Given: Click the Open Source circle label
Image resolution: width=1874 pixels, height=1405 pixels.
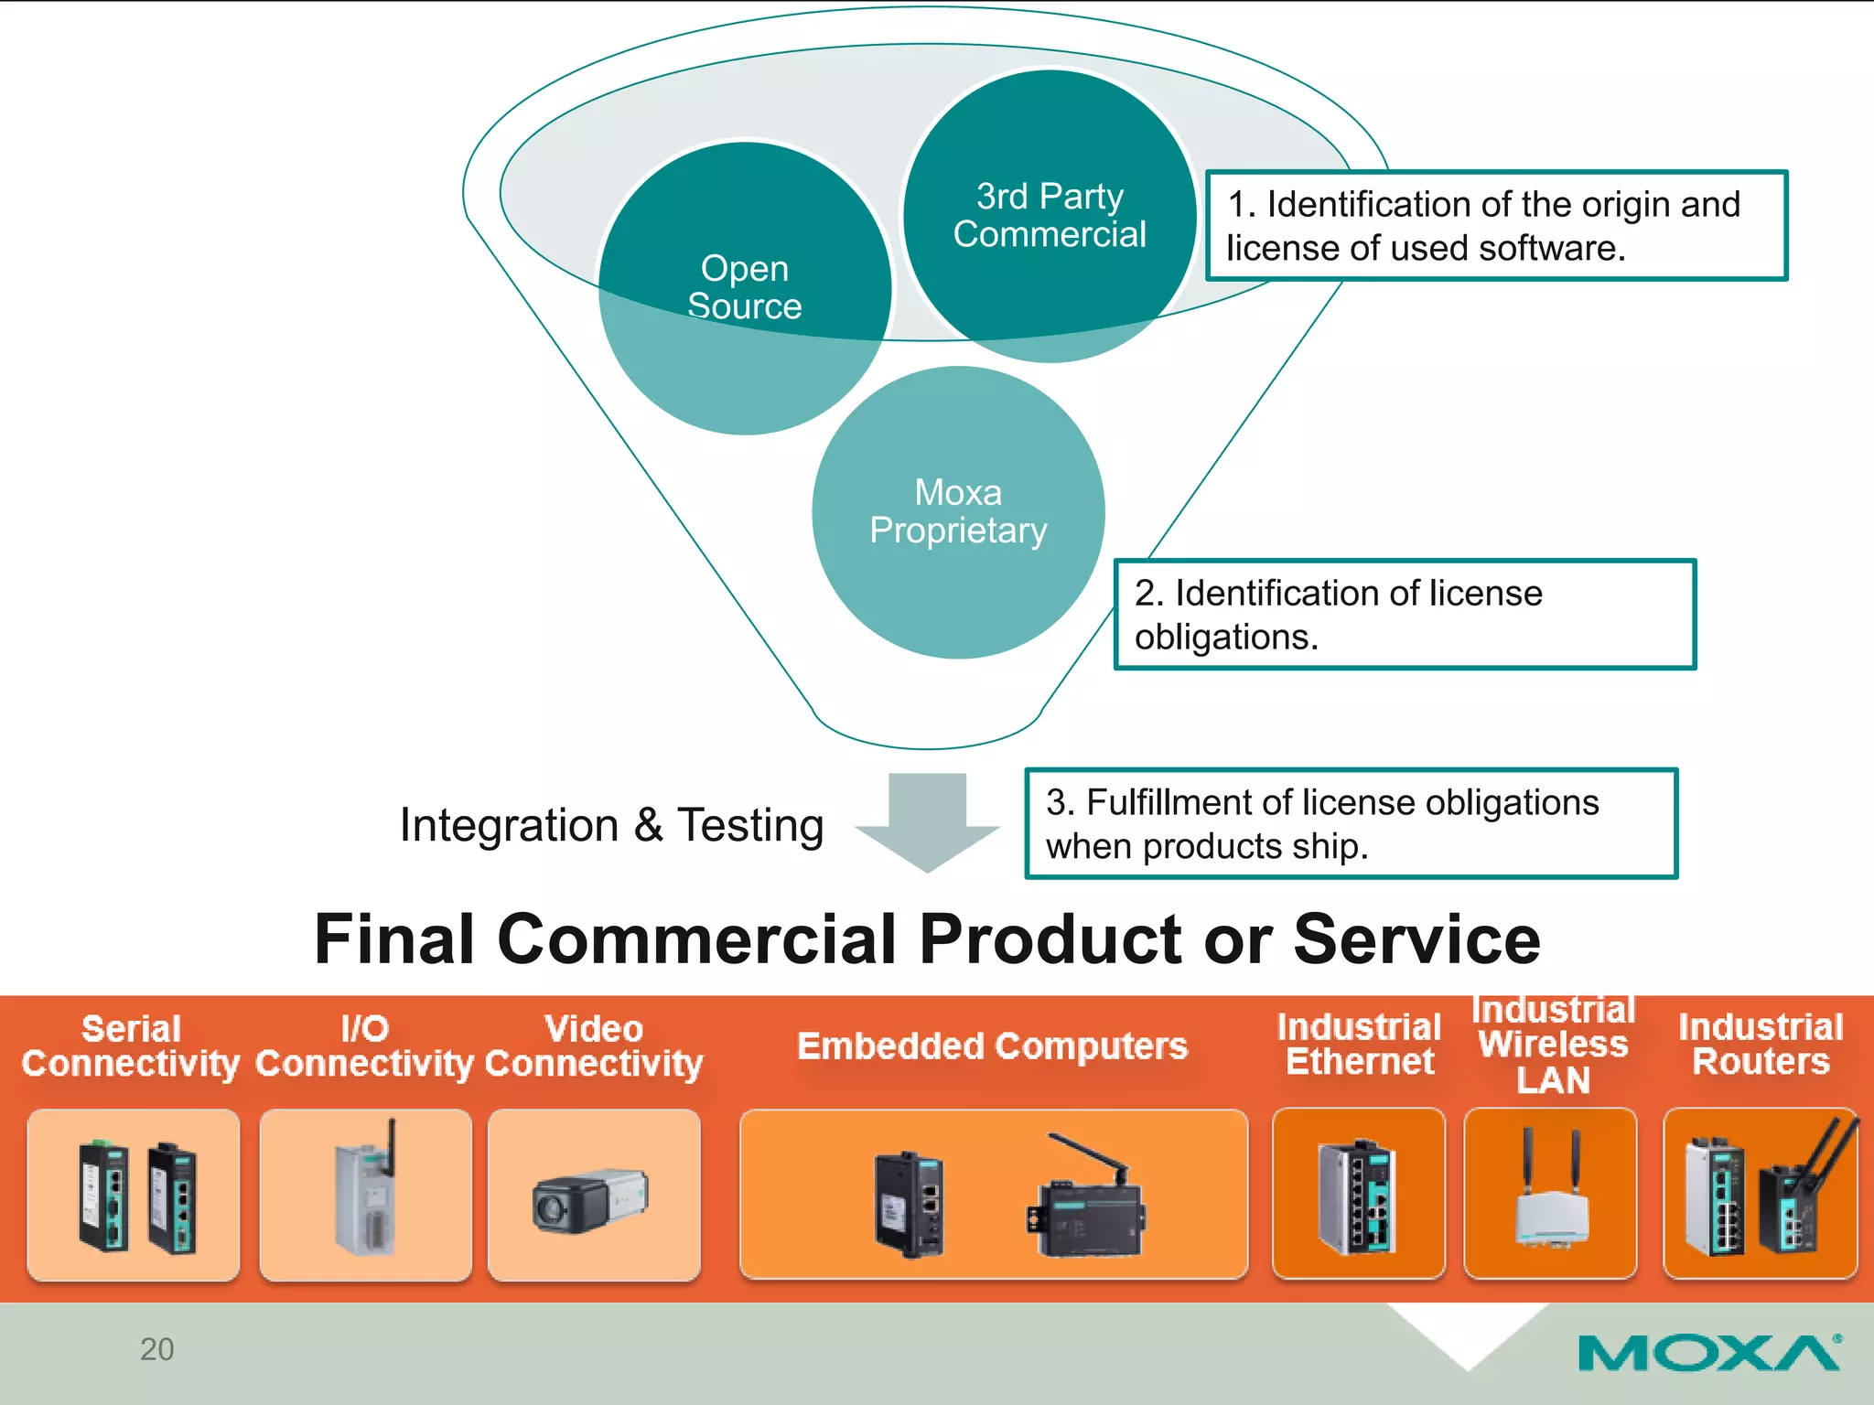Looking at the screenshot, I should (744, 287).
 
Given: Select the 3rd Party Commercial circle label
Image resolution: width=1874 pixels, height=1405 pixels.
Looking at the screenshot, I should (1049, 216).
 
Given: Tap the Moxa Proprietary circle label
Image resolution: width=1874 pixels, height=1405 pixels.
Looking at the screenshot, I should (958, 511).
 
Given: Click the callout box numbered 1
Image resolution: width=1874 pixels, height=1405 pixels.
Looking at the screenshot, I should (1495, 225).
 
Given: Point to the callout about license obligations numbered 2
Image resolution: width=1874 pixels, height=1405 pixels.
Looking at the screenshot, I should (1404, 615).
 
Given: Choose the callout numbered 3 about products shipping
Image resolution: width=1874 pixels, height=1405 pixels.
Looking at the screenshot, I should (1351, 823).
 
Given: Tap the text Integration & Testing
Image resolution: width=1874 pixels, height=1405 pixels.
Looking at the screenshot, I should (611, 825).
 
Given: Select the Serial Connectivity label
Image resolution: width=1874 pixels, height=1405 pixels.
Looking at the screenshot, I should (131, 1046).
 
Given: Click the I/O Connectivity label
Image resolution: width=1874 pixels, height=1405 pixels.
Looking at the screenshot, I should (364, 1046).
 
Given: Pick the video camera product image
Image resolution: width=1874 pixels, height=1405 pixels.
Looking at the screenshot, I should (591, 1199).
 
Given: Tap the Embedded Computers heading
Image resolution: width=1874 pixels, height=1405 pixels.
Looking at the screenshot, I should (992, 1046).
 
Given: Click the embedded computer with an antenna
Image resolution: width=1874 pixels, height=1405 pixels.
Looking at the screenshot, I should (1087, 1200).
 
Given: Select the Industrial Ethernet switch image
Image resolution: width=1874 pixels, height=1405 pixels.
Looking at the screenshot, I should (1357, 1196).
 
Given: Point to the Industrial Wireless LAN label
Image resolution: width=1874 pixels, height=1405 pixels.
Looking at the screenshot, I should (1553, 1045).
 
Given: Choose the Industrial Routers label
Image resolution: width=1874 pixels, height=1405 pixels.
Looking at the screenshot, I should (1760, 1045).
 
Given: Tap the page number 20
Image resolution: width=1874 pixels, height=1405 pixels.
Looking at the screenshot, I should (156, 1349).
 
